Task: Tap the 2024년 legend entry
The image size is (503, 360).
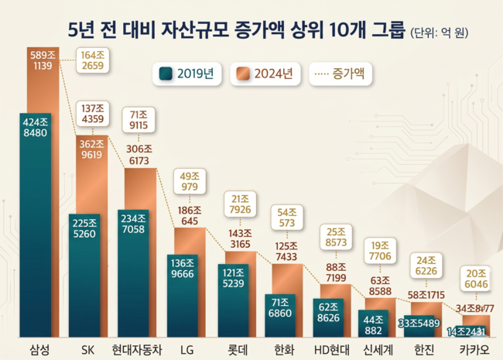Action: [x=265, y=74]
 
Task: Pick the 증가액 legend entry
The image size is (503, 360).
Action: [x=341, y=74]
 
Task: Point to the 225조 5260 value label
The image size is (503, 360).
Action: [x=84, y=228]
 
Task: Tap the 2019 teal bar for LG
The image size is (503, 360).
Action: [x=181, y=302]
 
